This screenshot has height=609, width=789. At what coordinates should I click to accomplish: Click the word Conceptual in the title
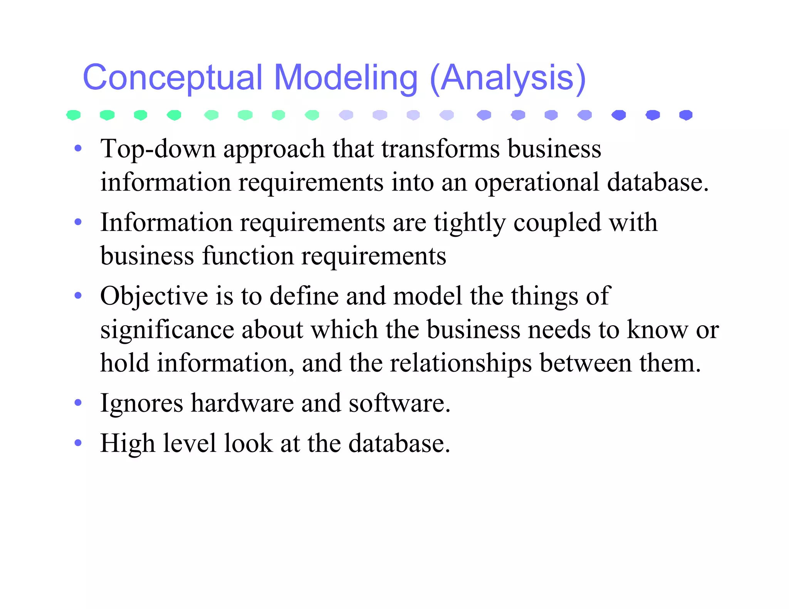point(173,78)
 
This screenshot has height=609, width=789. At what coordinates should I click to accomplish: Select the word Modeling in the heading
point(346,78)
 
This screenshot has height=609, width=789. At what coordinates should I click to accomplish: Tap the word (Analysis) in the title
point(507,78)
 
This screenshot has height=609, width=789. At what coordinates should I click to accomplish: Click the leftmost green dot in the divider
point(73,115)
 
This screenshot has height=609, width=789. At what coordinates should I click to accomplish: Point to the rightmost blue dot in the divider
point(686,115)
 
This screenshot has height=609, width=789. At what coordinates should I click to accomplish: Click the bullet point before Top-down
point(78,148)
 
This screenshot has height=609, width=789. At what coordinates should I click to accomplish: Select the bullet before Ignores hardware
point(78,403)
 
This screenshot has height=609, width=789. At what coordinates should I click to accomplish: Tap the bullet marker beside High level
point(78,443)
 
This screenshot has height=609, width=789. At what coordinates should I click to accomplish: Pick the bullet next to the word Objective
point(78,296)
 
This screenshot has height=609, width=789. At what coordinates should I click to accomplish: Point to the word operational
point(537,182)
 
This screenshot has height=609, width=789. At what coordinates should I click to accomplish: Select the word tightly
point(470,223)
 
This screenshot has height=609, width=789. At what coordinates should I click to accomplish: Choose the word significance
point(167,330)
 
